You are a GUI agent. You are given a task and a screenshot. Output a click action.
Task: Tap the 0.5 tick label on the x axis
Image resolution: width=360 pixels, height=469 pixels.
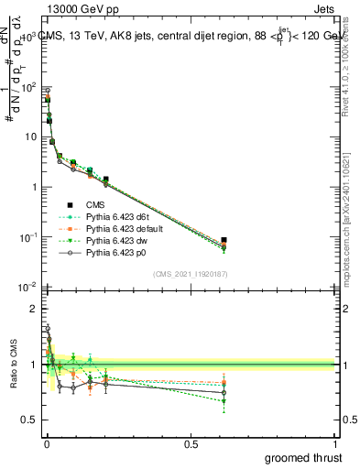click(x=191, y=444)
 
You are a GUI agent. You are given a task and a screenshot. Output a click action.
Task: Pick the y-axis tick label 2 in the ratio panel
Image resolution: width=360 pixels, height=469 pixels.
click(x=33, y=309)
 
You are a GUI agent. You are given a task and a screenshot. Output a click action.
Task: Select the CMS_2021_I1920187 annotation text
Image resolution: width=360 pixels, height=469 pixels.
click(x=191, y=273)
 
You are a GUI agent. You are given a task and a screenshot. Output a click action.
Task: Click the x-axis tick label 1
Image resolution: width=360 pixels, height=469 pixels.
click(x=336, y=444)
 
